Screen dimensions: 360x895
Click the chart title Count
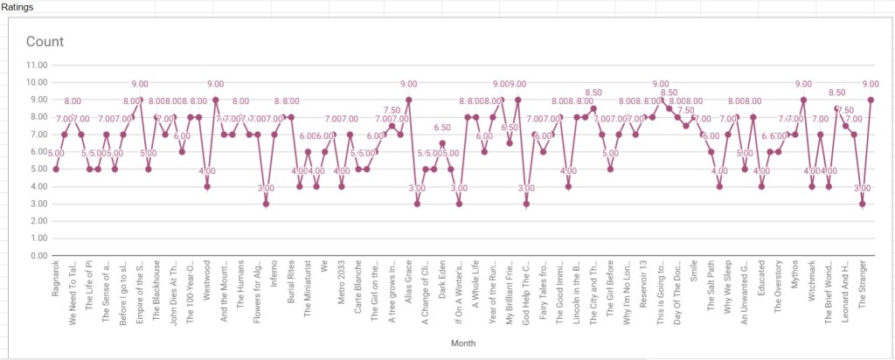(45, 41)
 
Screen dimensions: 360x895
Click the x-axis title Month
(462, 343)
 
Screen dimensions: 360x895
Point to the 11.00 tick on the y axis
(37, 65)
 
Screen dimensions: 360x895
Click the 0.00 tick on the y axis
(38, 256)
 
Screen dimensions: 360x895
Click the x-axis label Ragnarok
(56, 278)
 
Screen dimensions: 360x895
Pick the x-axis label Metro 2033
(342, 281)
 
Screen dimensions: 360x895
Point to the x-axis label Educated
(761, 279)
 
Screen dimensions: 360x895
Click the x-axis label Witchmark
(812, 280)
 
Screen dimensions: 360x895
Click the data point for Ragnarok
(56, 169)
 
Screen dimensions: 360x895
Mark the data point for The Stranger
(871, 100)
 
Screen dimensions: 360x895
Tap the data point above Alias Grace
(409, 100)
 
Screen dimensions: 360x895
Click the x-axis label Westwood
(207, 280)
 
